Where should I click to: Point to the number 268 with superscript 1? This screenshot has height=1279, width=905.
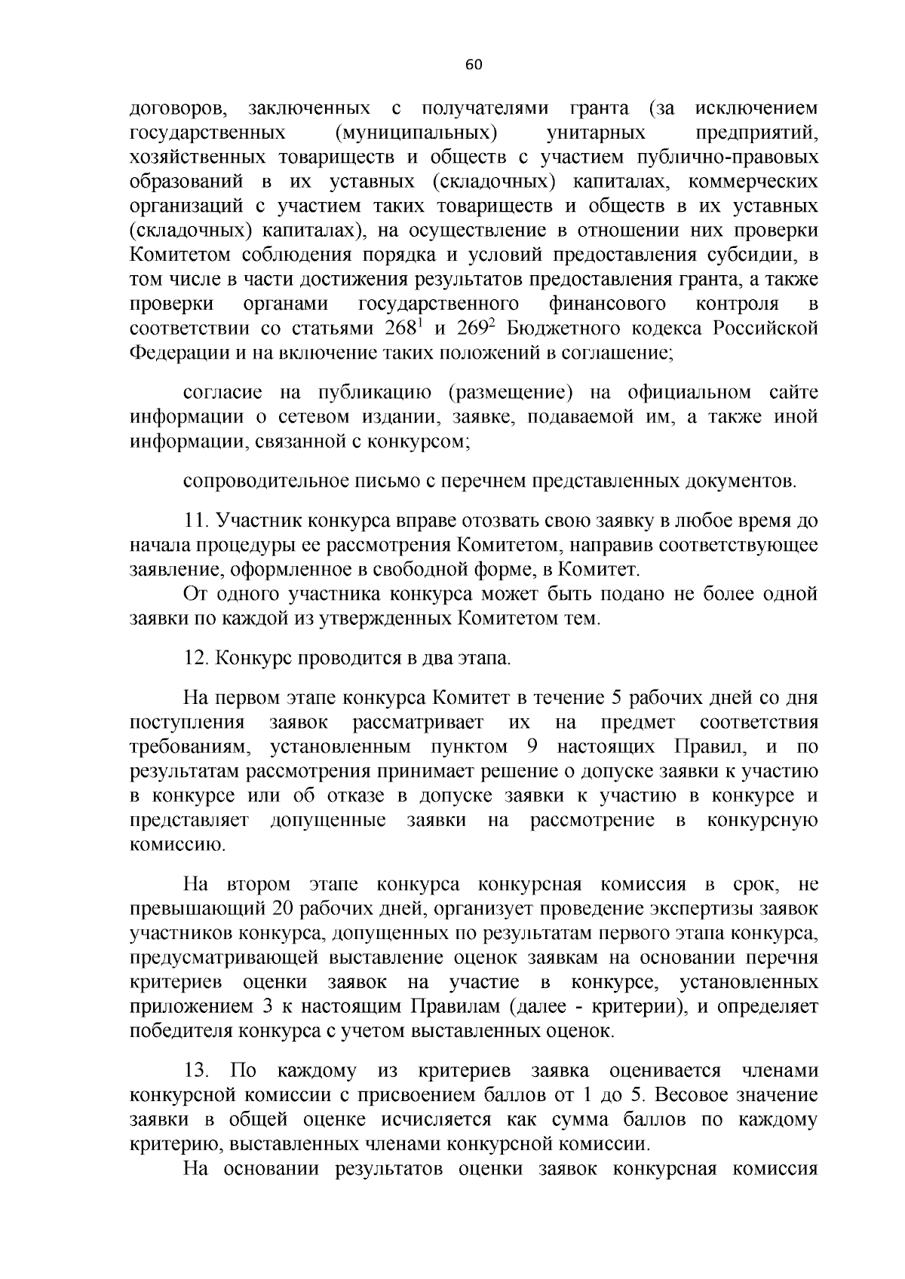(401, 329)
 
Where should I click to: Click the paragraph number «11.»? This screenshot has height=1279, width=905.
(197, 521)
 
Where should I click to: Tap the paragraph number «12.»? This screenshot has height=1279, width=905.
(197, 658)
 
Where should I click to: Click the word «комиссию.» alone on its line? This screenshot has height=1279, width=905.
(167, 845)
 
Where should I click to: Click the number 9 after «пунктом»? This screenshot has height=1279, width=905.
(526, 747)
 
